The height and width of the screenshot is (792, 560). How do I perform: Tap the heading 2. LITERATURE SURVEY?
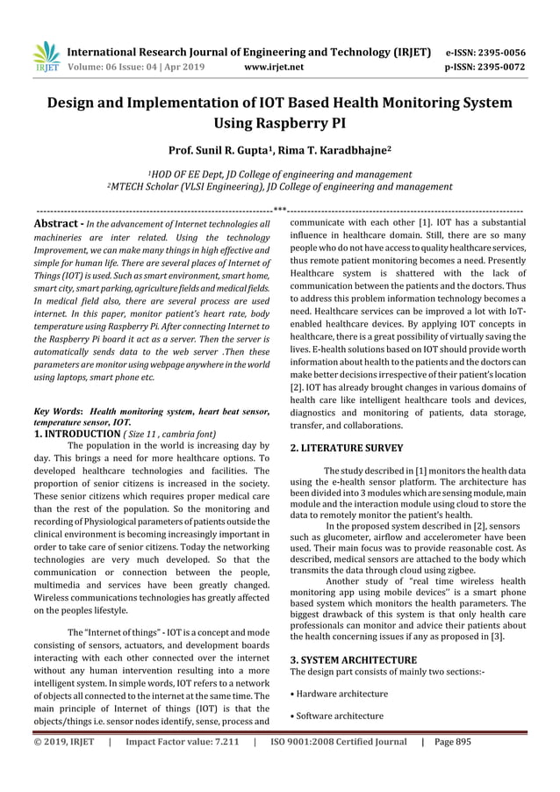point(347,448)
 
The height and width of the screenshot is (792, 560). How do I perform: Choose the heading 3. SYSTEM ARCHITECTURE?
point(353,659)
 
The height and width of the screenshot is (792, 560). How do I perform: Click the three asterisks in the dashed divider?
point(280,210)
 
